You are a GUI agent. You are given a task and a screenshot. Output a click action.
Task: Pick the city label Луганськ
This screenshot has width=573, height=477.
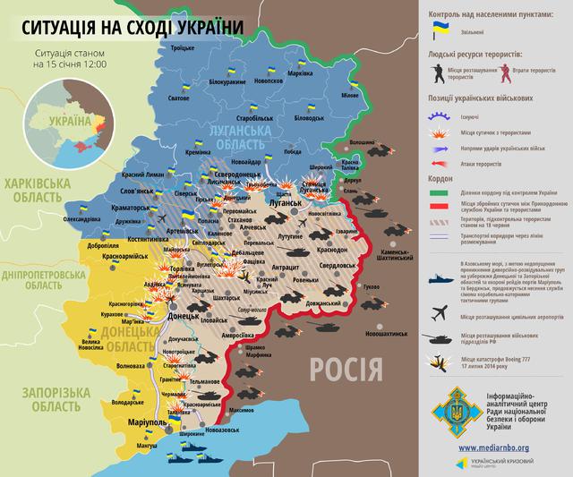click(x=286, y=203)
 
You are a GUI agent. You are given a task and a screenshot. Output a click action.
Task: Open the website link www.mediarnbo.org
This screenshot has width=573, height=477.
click(x=494, y=447)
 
